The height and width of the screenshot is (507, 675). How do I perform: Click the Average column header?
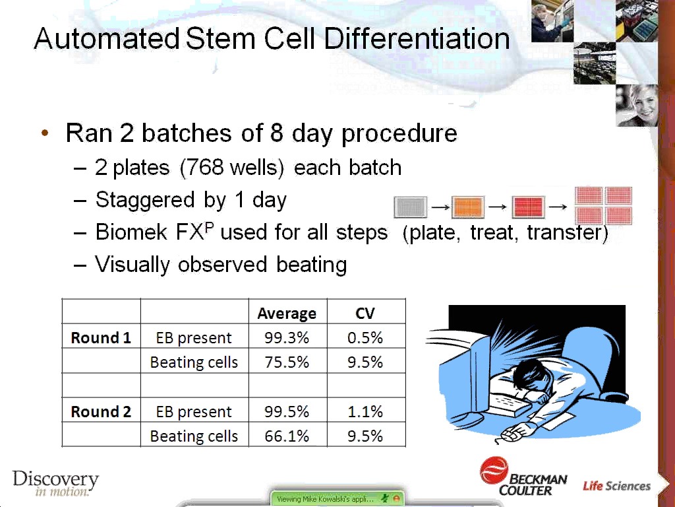287,314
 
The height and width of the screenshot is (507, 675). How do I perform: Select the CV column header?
365,313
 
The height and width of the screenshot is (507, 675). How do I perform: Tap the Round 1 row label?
101,337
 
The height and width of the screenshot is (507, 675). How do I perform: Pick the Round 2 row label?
101,412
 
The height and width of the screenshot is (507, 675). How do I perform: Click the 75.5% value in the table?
287,362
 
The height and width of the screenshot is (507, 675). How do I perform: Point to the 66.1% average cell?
287,436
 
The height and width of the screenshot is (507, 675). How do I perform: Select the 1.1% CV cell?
365,412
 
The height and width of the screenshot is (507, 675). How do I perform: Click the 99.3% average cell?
287,337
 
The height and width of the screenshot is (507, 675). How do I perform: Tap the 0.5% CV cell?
365,337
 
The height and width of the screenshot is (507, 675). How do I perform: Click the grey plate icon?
411,207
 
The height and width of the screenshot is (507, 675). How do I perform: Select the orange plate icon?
468,207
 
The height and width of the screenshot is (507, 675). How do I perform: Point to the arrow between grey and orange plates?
440,208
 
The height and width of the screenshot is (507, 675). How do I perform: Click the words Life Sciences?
616,486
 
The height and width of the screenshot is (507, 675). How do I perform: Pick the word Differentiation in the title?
417,39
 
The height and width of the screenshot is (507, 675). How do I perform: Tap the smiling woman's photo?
637,106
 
